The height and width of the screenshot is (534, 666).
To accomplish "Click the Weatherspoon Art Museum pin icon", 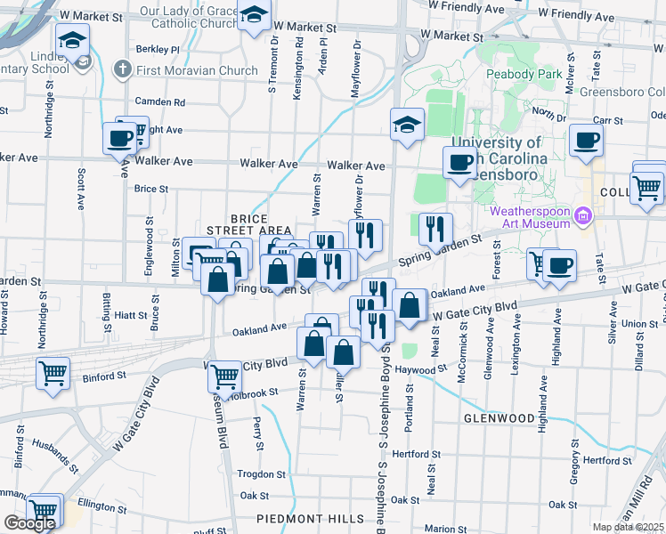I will [584, 214].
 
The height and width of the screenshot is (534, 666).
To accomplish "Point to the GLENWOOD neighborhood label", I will [499, 417].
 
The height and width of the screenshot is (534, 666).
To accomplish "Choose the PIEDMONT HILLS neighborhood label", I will [310, 519].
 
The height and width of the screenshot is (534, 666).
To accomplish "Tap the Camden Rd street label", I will [161, 102].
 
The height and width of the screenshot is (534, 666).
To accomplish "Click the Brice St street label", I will [150, 189].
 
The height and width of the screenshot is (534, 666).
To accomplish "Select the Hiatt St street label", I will [131, 315].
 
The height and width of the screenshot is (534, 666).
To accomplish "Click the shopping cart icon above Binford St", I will [53, 373].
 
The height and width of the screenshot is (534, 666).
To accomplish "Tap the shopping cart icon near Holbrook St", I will [224, 376].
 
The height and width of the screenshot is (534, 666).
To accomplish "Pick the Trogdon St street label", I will [259, 474].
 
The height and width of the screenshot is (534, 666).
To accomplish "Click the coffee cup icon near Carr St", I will [586, 141].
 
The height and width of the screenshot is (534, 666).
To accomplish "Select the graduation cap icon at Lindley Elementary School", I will [72, 40].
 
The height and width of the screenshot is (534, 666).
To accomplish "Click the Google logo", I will [29, 523].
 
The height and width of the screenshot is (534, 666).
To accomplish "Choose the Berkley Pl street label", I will [158, 50].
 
